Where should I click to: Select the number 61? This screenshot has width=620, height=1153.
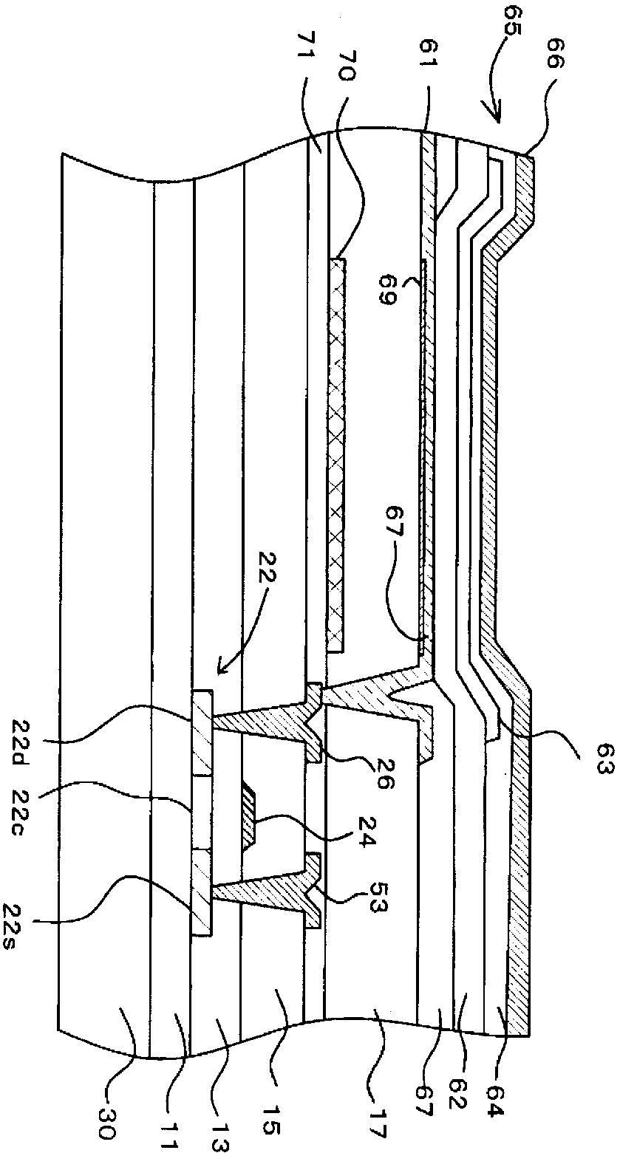click(x=428, y=71)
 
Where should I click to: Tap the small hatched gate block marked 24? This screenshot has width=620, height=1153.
click(x=250, y=815)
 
